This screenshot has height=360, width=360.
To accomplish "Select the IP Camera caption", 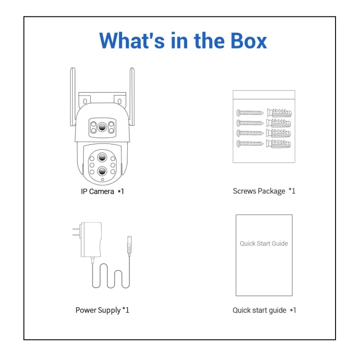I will point(102,192).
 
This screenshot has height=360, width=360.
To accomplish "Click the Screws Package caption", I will point(264,191).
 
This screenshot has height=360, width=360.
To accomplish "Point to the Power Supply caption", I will point(102,310).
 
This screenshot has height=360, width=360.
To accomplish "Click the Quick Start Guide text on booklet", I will point(264,243).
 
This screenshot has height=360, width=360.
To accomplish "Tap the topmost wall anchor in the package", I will point(279,113).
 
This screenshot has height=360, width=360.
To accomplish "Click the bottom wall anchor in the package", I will point(279,143).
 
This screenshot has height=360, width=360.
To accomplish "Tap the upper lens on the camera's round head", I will point(102,158).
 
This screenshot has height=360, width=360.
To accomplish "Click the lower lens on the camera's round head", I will point(102,171).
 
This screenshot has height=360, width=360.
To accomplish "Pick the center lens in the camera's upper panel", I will point(102,128).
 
